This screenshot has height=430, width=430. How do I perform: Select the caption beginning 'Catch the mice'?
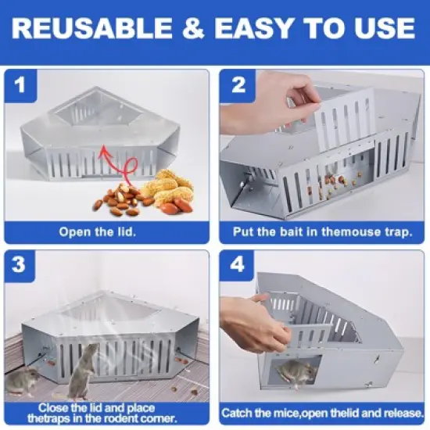pyautogui.click(x=322, y=412)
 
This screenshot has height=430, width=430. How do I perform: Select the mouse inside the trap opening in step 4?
pyautogui.click(x=297, y=374)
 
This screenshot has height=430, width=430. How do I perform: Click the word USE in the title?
pyautogui.click(x=382, y=29)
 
